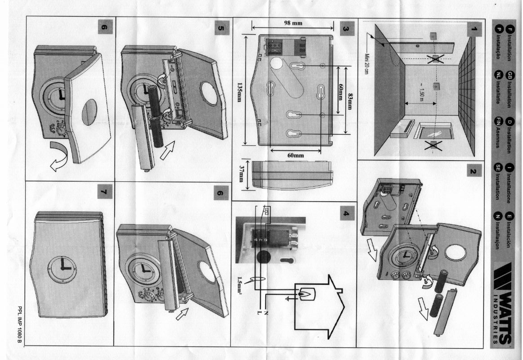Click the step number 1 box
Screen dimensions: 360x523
pos(473,30)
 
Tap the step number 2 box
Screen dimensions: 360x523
pos(473,171)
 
